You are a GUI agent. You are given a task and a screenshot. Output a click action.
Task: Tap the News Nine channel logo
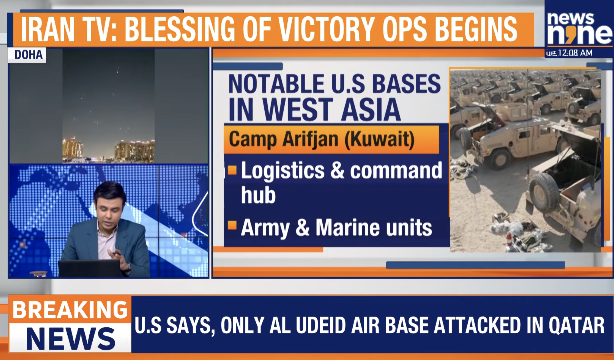(580, 29)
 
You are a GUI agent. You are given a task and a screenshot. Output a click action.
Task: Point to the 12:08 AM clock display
(570, 53)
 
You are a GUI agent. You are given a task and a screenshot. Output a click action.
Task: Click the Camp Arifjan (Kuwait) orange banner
(331, 140)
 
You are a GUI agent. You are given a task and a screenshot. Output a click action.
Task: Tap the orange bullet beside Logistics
(232, 170)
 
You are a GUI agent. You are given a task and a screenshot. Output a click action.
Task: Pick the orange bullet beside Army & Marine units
(232, 226)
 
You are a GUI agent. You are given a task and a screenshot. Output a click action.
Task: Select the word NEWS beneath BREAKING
(71, 339)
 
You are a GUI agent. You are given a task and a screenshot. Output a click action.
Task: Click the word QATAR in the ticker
(576, 326)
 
